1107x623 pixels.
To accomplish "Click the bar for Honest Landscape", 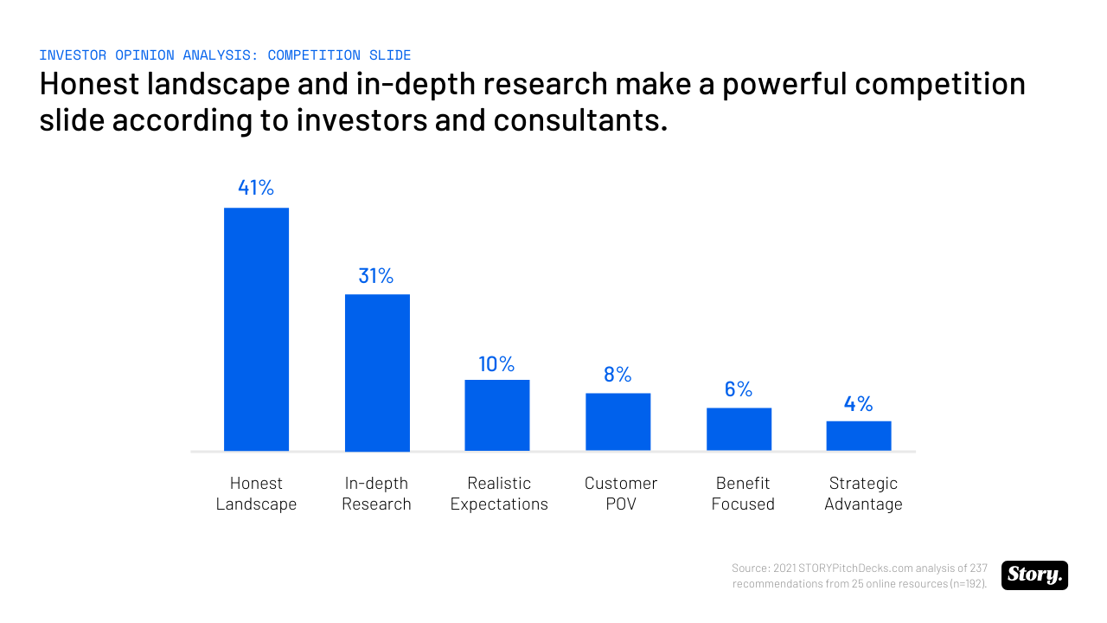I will [x=256, y=329].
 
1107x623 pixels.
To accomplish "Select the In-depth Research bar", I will [x=377, y=372].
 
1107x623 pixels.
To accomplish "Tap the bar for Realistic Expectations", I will [x=497, y=415].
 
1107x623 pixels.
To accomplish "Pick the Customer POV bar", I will [x=618, y=421].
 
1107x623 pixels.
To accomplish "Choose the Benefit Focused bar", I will [x=739, y=429].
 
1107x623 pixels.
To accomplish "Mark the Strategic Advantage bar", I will [x=859, y=435].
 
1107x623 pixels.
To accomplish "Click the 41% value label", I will [x=256, y=188].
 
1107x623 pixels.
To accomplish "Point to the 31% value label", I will [x=376, y=276].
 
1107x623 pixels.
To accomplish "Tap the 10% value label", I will [x=496, y=364].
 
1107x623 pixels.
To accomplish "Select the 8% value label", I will [x=617, y=375].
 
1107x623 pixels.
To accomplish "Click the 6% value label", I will [x=739, y=389].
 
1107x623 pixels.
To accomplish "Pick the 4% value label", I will [x=859, y=404].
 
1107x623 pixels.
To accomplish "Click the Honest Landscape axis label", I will [x=256, y=493].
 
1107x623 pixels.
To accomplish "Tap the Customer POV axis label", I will [x=621, y=493].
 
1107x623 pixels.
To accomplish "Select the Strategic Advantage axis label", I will [x=863, y=493].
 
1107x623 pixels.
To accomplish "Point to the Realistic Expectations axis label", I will [x=499, y=493].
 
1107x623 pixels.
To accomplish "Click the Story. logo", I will [x=1034, y=575].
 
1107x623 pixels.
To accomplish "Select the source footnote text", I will [x=860, y=575].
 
